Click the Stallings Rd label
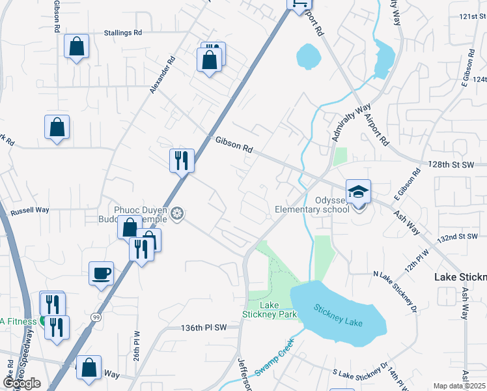123,33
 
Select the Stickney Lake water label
340,316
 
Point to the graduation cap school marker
358,192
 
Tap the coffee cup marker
102,273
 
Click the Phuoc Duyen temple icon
177,213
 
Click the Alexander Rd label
162,74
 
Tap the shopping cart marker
298,3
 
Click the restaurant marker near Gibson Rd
182,160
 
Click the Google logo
21,383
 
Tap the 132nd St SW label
460,238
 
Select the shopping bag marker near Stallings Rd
77,46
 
